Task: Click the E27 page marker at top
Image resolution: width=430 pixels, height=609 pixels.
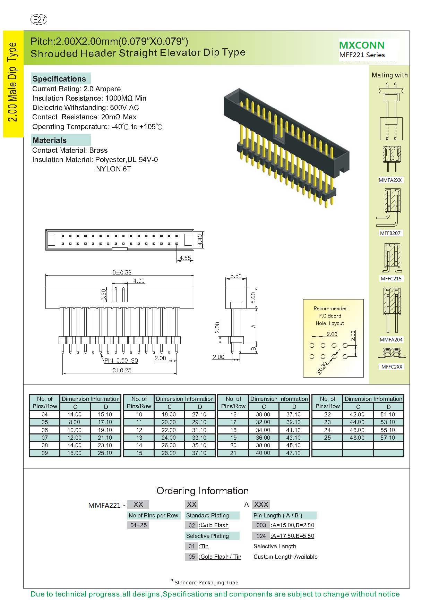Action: point(39,20)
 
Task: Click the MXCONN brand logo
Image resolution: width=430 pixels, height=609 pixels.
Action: point(362,45)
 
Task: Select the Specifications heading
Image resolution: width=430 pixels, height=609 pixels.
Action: point(59,79)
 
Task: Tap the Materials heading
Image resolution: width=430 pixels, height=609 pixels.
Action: point(50,140)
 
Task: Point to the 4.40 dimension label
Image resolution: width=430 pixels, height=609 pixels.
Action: point(200,240)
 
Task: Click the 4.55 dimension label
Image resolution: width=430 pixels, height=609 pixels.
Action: point(185,258)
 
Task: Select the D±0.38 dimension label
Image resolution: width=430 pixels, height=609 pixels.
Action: point(122,272)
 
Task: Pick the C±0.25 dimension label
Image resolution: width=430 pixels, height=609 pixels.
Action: point(122,370)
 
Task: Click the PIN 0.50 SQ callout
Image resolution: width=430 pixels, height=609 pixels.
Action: point(121,361)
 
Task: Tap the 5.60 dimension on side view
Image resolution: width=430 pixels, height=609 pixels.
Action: point(253,298)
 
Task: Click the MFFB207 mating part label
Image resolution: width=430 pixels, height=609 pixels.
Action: point(390,233)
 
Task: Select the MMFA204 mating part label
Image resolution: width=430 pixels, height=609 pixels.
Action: point(391,340)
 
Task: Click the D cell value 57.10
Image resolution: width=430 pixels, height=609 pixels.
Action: point(388,438)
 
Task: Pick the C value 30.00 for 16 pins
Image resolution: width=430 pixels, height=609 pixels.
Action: point(263,414)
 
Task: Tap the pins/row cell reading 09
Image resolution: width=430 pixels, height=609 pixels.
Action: point(45,453)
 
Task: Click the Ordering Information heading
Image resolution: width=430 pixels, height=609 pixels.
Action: point(203,491)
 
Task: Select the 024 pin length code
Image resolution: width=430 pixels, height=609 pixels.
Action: point(261,536)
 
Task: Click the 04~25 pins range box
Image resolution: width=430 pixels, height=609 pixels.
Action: point(138,525)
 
